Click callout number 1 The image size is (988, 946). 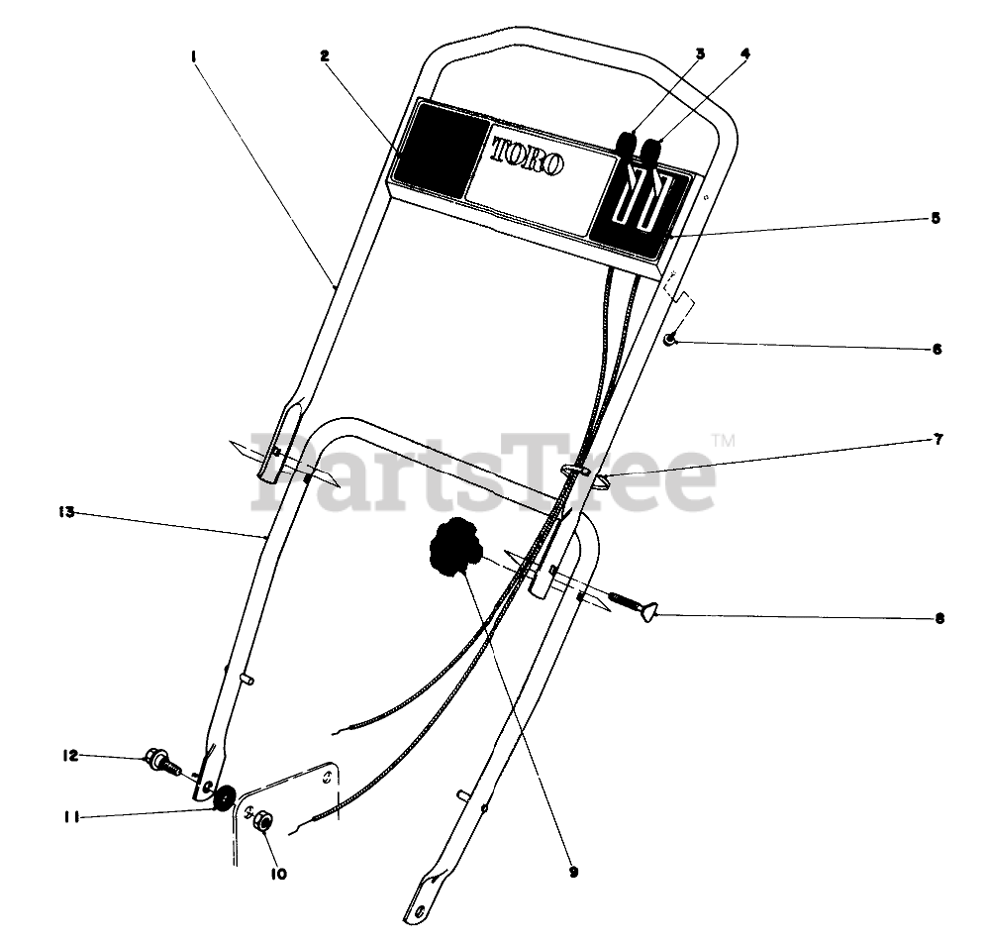[x=194, y=56]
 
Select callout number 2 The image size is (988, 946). [x=324, y=55]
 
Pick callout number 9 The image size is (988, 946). [x=573, y=873]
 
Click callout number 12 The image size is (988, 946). [x=68, y=756]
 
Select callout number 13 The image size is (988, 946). [x=66, y=512]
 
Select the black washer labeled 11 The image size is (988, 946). [x=224, y=794]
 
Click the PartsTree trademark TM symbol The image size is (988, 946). [x=724, y=439]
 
